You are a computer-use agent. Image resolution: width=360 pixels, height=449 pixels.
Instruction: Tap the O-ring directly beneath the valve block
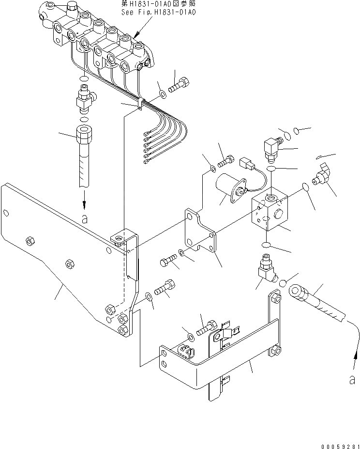267,245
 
